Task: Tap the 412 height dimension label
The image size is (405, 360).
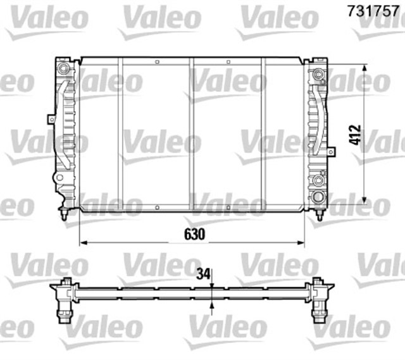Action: coord(355,135)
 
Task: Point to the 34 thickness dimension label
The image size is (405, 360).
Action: coord(202,274)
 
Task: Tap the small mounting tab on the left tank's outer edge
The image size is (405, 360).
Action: coord(51,118)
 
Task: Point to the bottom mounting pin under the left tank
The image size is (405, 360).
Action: coord(65,214)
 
